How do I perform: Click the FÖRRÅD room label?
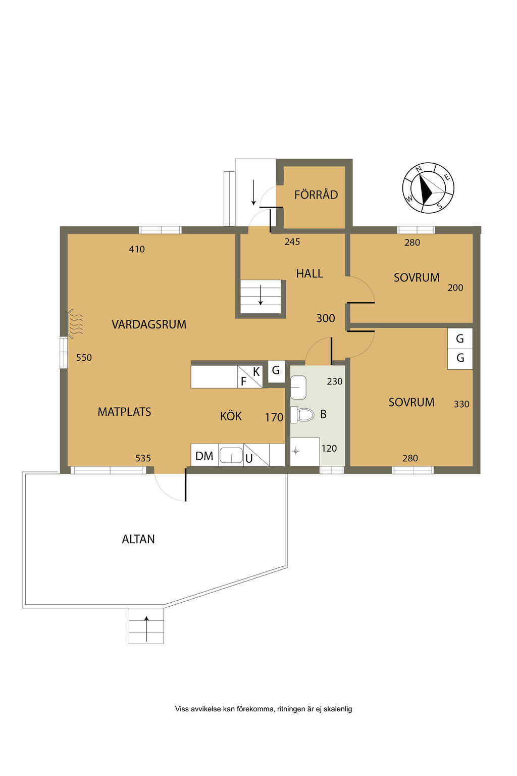316,195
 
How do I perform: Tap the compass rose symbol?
428,188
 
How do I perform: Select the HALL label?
309,274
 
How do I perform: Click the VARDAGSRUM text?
149,324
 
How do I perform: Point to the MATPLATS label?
124,412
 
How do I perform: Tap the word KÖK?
231,416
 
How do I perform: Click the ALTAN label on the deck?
138,539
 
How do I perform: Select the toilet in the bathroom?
302,414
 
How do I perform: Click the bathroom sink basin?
298,387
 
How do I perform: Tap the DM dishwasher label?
204,456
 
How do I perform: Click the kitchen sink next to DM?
231,455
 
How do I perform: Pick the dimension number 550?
84,358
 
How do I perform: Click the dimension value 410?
137,249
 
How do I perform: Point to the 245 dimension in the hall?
292,242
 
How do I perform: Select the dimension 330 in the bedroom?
461,404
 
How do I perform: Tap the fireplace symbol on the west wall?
76,323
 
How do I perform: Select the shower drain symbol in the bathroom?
295,451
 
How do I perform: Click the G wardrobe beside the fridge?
276,370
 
